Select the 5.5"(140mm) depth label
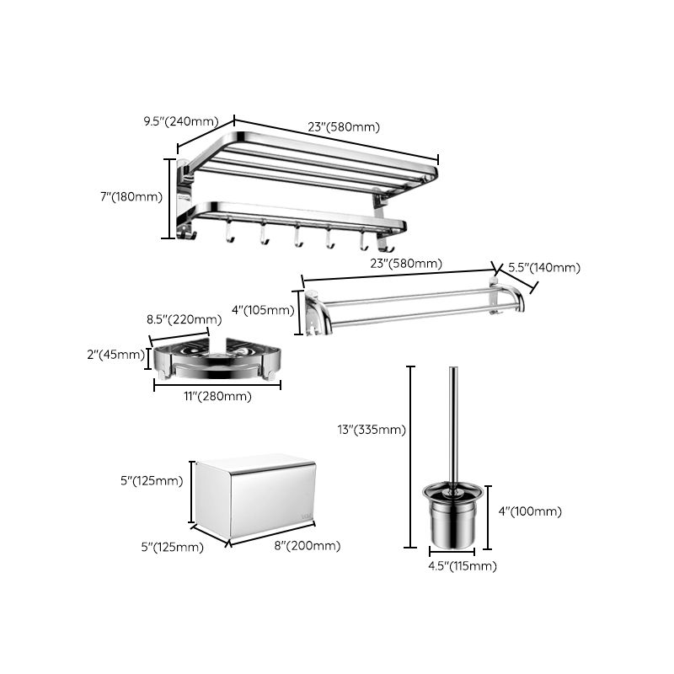click(543, 268)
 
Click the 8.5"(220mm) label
click(184, 319)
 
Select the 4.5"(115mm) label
click(463, 566)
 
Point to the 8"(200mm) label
click(308, 546)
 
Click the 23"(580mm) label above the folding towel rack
click(344, 127)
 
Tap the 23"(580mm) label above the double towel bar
click(405, 264)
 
